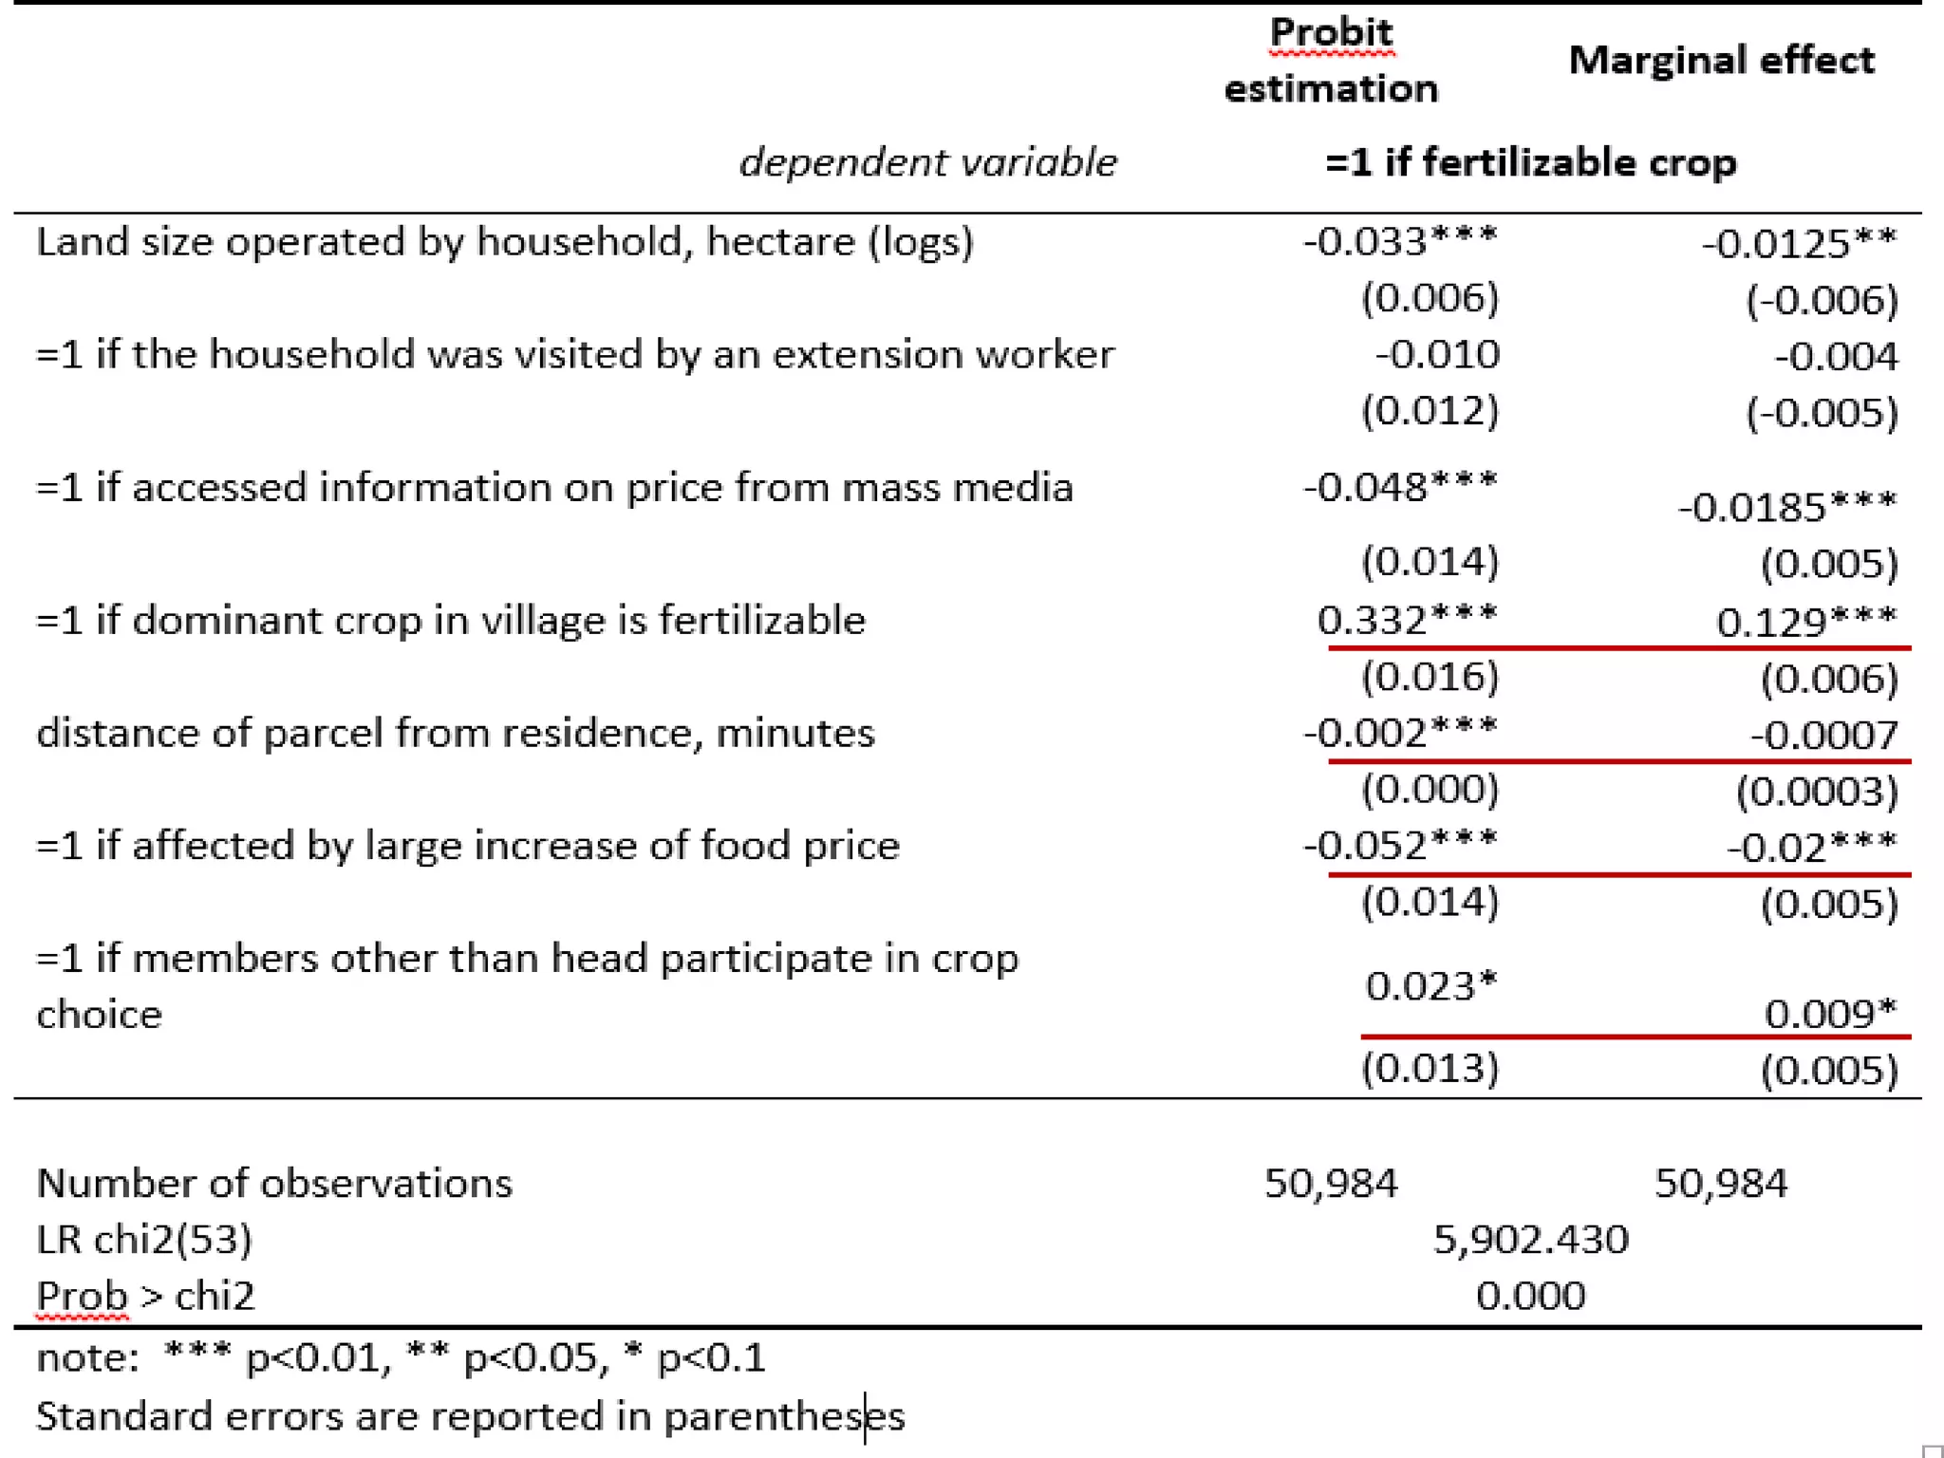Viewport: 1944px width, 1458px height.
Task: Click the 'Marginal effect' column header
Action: click(x=1721, y=61)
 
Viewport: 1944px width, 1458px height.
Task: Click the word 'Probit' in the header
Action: click(x=1331, y=32)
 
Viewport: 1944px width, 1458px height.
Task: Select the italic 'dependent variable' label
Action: click(x=927, y=162)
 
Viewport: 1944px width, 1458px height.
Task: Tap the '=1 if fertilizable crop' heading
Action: click(x=1530, y=162)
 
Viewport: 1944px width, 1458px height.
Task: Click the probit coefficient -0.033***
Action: click(x=1399, y=241)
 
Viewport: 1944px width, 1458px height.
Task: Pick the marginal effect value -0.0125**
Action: click(x=1798, y=244)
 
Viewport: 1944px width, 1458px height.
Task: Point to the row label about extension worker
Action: click(x=574, y=354)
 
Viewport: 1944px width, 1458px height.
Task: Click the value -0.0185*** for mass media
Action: click(x=1786, y=507)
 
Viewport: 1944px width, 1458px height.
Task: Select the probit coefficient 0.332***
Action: click(x=1406, y=621)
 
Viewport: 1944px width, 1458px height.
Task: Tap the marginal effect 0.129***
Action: click(x=1805, y=623)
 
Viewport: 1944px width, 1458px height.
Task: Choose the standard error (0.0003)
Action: click(x=1817, y=792)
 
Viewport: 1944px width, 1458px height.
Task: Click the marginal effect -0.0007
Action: click(x=1823, y=735)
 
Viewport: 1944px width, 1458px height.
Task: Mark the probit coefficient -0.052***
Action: click(x=1399, y=846)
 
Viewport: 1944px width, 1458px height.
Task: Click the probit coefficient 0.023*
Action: click(x=1430, y=986)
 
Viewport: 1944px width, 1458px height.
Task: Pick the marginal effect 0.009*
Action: click(x=1829, y=1014)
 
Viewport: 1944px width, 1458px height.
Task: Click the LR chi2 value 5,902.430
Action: click(x=1530, y=1240)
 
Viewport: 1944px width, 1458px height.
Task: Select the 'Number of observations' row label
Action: click(x=273, y=1184)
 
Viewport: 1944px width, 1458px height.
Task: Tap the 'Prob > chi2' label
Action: click(x=145, y=1296)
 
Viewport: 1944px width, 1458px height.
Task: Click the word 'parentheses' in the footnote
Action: click(x=783, y=1416)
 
